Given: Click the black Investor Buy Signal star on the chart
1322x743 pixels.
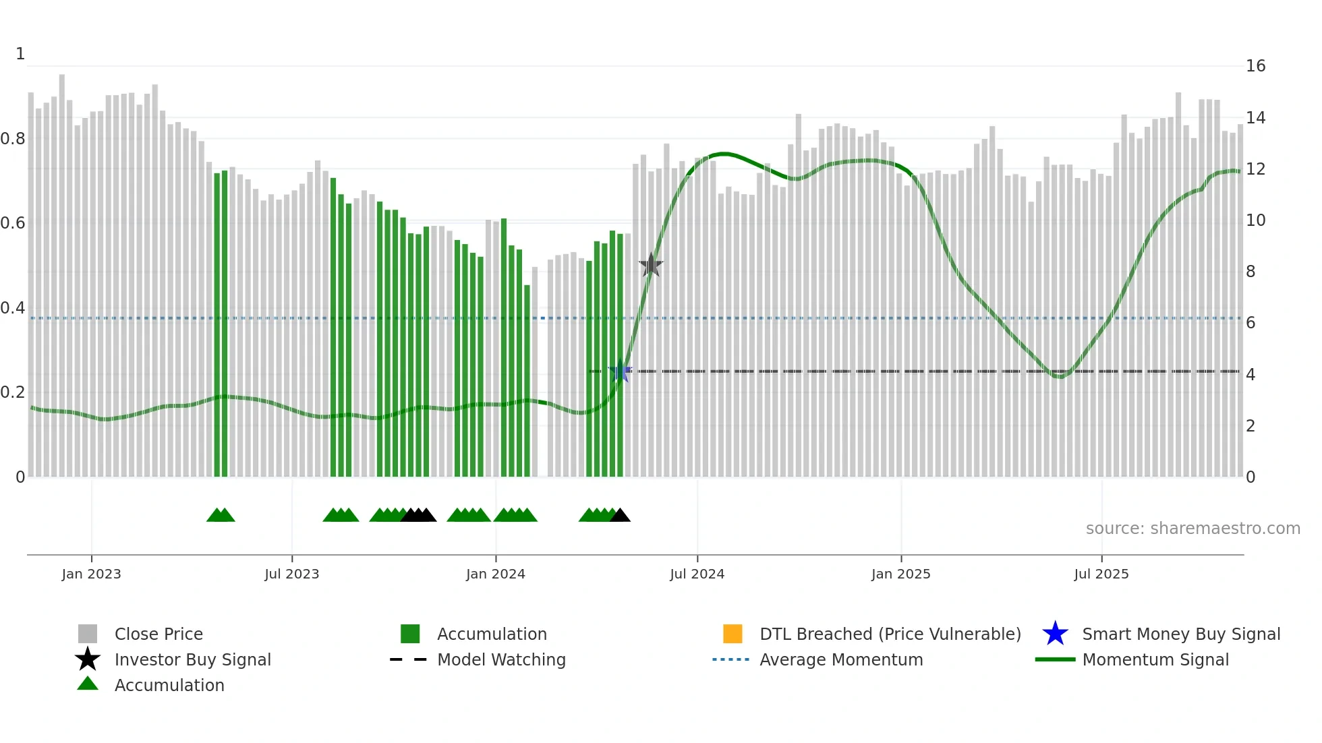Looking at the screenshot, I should (651, 266).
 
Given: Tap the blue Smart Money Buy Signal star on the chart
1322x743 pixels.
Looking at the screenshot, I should (620, 371).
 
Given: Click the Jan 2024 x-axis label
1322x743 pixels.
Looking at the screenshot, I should (495, 574).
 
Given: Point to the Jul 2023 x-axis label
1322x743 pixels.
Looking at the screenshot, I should (291, 574).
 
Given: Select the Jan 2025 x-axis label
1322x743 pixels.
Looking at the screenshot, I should (900, 574).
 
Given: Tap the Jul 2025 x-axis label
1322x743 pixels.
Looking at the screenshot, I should (1101, 574).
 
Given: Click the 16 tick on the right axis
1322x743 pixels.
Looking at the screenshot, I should (1255, 66).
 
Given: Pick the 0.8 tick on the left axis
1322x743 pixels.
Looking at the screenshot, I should (13, 139).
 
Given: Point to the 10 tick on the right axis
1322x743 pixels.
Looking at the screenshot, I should (1255, 220).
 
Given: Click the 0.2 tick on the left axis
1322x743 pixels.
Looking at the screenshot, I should (13, 392).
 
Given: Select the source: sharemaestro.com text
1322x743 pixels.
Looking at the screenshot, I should (1192, 529).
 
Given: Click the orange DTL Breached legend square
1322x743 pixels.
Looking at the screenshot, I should (732, 634).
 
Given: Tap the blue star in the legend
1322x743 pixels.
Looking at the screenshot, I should (1055, 634).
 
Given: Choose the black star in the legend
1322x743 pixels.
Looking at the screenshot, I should (88, 659).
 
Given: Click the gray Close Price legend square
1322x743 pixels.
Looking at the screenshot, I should (88, 634).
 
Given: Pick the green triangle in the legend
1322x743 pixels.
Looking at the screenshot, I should (88, 684).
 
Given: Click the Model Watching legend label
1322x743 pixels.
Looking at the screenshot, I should (501, 659).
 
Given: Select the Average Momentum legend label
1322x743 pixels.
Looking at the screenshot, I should (841, 659).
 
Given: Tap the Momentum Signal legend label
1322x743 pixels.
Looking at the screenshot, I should (1155, 659).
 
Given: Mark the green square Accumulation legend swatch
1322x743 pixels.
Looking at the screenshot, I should (410, 634).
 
